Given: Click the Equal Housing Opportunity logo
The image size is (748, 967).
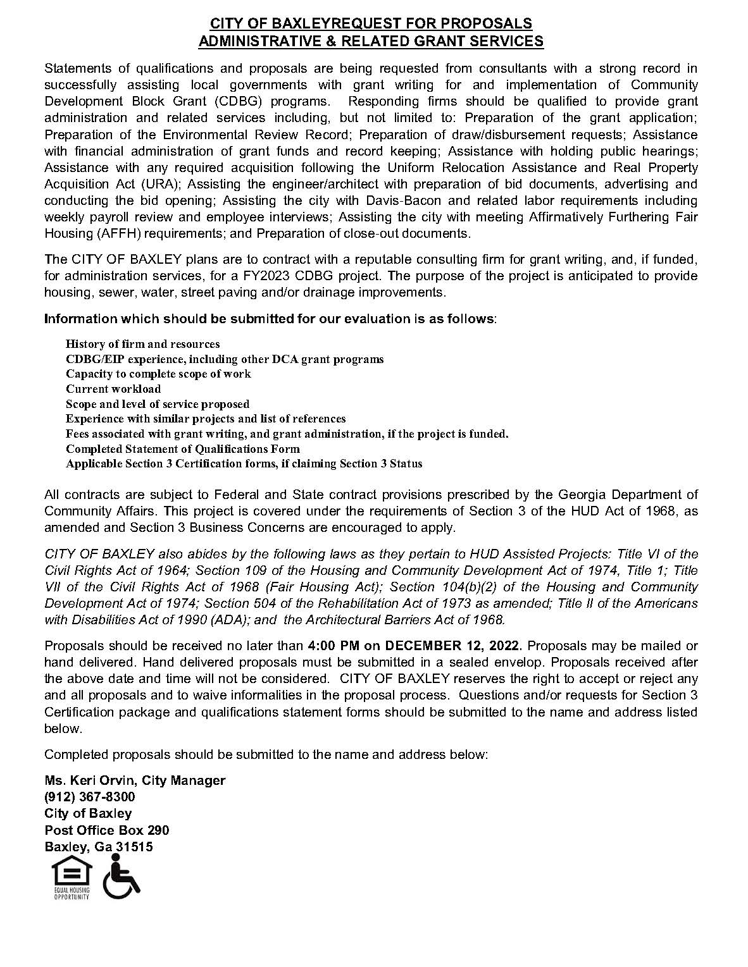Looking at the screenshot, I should click(x=71, y=877).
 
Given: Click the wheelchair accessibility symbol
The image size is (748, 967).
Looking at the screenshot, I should click(x=120, y=877).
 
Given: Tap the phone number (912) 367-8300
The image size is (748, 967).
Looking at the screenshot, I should click(x=89, y=797).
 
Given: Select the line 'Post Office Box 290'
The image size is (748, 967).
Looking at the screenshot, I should click(x=106, y=830).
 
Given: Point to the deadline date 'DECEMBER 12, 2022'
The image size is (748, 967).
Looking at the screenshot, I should click(x=452, y=646).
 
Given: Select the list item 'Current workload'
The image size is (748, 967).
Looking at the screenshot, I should click(x=113, y=389).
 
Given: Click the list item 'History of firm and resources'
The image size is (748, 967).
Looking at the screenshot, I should click(x=142, y=344).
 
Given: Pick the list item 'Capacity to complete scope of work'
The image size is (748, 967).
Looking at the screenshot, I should click(x=158, y=374).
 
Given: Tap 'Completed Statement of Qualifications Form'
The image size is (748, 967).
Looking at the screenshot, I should click(x=182, y=449).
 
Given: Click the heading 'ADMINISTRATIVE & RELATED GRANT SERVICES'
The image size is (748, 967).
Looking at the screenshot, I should click(x=371, y=42).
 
